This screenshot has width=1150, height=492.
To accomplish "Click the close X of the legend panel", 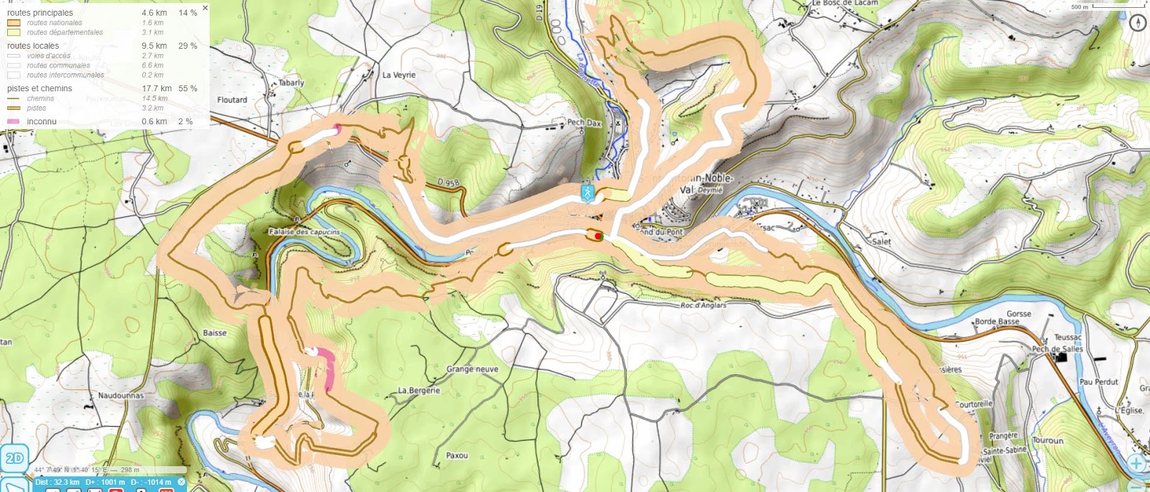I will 205,8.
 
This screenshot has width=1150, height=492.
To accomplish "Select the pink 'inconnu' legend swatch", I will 13,121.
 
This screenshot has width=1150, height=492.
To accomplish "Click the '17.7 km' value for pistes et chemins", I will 156,88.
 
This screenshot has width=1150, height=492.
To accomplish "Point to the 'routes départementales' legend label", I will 65,32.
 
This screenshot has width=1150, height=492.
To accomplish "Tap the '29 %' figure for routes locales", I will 188,46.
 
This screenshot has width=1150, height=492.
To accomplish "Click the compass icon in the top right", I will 1137,22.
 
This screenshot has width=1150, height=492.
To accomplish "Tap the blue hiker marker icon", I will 588,192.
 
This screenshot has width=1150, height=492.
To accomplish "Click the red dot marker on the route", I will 598,236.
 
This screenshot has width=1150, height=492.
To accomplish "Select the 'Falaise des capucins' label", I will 304,232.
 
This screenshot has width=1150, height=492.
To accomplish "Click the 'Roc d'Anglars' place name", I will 703,305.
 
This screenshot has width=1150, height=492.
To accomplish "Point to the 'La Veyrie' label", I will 399,75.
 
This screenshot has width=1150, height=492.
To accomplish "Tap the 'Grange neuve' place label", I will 472,369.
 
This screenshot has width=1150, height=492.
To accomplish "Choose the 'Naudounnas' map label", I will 121,396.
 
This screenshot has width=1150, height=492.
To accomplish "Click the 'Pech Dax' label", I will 584,123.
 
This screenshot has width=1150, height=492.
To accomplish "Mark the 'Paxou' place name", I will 456,455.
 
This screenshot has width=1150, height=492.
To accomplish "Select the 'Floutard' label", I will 232,100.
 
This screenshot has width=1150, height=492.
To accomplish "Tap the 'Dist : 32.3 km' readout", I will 57,482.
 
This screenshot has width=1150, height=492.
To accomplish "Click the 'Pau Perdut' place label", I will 1098,382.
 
